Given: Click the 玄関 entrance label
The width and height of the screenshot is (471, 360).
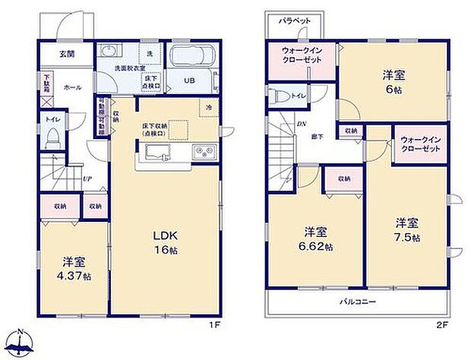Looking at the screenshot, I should [66, 54].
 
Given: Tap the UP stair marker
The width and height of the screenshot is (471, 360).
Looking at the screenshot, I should [87, 180].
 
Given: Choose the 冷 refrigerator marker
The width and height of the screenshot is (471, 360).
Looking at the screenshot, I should [209, 107].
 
